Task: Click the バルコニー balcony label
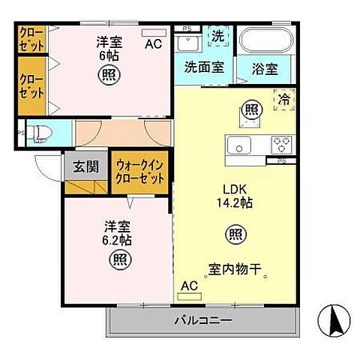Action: point(203,320)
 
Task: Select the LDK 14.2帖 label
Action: point(235,196)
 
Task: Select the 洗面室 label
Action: point(203,67)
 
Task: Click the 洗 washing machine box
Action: point(217,35)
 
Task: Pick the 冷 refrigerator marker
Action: point(284,98)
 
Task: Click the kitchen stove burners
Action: point(281,143)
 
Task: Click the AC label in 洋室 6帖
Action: point(153,43)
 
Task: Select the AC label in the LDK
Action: point(189,285)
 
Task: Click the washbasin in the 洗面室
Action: point(188,40)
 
